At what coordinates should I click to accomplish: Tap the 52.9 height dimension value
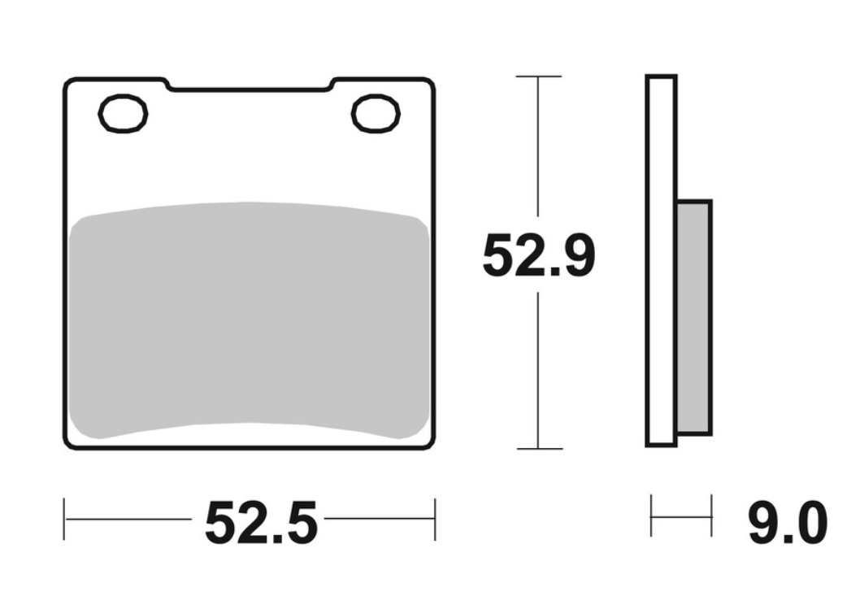(539, 255)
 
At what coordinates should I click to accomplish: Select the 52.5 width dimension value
(261, 522)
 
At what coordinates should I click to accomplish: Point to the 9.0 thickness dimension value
(788, 522)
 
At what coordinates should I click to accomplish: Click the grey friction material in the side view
(695, 318)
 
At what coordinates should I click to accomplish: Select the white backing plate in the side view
(661, 261)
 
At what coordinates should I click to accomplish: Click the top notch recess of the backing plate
(250, 88)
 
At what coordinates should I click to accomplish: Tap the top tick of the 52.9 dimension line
(539, 76)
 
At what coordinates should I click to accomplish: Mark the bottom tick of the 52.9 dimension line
(540, 449)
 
